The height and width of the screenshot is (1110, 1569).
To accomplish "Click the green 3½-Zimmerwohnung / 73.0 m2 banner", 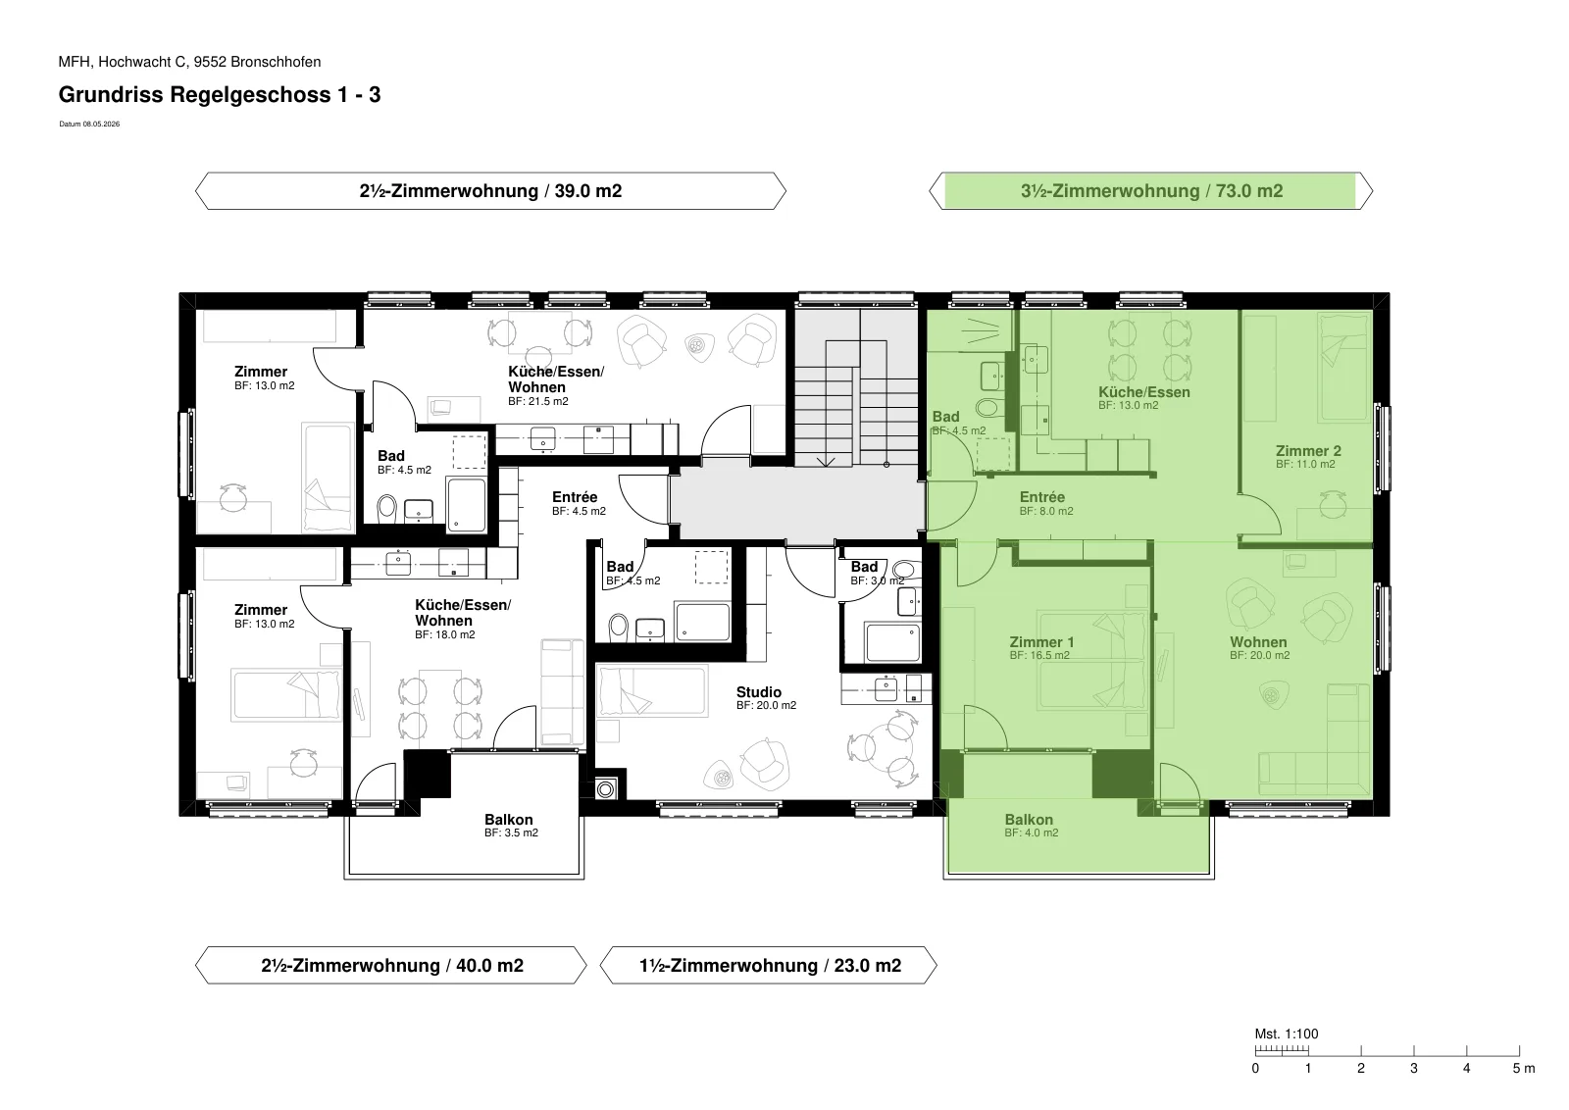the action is (1151, 191).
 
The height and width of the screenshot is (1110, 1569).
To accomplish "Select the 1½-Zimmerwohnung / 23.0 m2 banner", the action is (769, 966).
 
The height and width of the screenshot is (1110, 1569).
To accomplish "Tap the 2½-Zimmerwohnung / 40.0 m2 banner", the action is (391, 966).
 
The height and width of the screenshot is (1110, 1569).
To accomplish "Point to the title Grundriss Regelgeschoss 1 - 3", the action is (220, 94).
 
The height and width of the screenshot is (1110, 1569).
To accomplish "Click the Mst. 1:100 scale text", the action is (1286, 1034).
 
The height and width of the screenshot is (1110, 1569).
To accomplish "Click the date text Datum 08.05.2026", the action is (89, 124).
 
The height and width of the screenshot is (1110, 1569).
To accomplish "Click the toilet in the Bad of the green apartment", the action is (987, 407).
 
